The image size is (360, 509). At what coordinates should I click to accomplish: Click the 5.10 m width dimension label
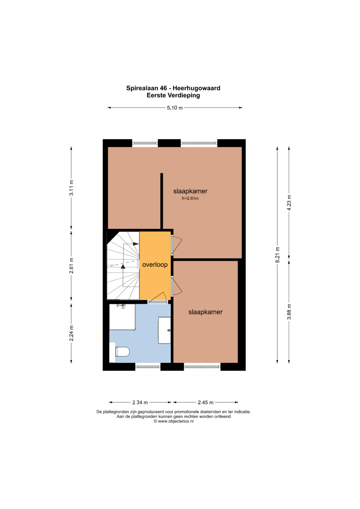(x=175, y=108)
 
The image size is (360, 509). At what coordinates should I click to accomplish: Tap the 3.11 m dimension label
(x=71, y=188)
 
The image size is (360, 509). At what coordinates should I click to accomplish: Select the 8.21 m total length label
(x=277, y=255)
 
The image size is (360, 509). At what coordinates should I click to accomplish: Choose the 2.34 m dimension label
(x=140, y=402)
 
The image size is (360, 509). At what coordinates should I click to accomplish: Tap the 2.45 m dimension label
(x=205, y=402)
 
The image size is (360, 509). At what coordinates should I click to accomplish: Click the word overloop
(x=155, y=265)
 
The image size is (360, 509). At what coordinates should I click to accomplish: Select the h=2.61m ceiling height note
(x=190, y=198)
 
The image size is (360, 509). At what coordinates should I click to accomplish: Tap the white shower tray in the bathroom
(x=123, y=317)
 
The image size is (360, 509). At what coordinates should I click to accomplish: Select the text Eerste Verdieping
(x=173, y=95)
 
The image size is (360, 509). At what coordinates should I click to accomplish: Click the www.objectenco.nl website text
(x=176, y=421)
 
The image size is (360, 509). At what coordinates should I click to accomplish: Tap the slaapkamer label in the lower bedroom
(x=205, y=312)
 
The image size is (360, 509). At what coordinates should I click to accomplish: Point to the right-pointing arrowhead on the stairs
(x=136, y=244)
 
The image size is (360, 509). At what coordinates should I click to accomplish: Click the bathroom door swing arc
(x=160, y=296)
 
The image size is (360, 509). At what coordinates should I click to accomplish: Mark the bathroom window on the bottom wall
(x=148, y=366)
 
